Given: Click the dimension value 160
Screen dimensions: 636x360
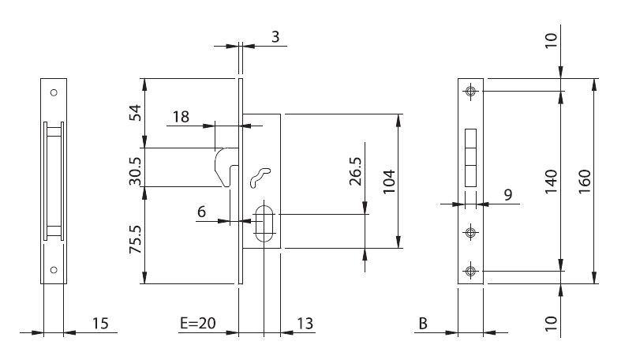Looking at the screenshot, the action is [x=585, y=182].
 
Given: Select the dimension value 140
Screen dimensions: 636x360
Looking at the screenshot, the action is [x=552, y=182].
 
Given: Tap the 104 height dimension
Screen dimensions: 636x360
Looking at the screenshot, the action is [x=389, y=182].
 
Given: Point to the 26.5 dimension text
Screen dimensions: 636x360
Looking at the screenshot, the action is [x=355, y=171].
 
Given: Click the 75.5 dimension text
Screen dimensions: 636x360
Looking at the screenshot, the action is [x=136, y=239].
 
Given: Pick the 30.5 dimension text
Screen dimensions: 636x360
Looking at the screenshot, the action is [x=136, y=171].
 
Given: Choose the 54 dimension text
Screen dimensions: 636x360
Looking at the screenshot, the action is [x=136, y=112].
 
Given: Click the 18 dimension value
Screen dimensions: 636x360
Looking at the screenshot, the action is [x=181, y=117].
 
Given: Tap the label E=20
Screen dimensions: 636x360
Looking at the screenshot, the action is [x=198, y=324].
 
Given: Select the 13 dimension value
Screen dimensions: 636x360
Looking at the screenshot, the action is [x=305, y=324].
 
